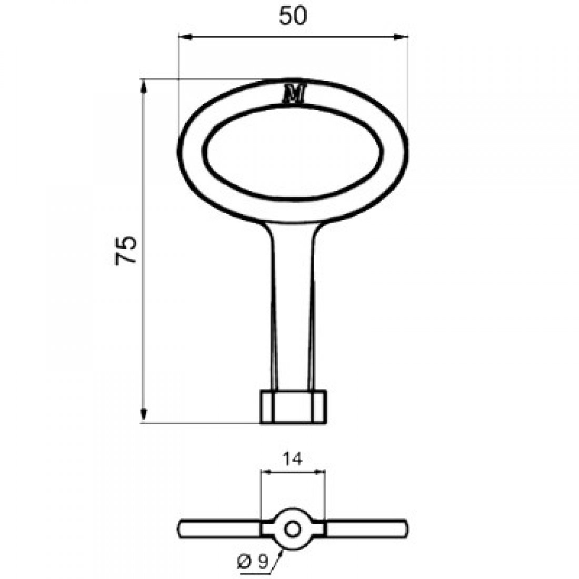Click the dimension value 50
pos(293,16)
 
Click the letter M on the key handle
pos(294,94)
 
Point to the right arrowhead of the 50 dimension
pos(404,37)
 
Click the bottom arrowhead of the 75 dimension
pos(143,417)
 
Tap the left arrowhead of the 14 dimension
pos(265,472)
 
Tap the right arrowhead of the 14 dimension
pos(321,472)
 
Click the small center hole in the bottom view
pos(293,527)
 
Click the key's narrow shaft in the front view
pos(293,311)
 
